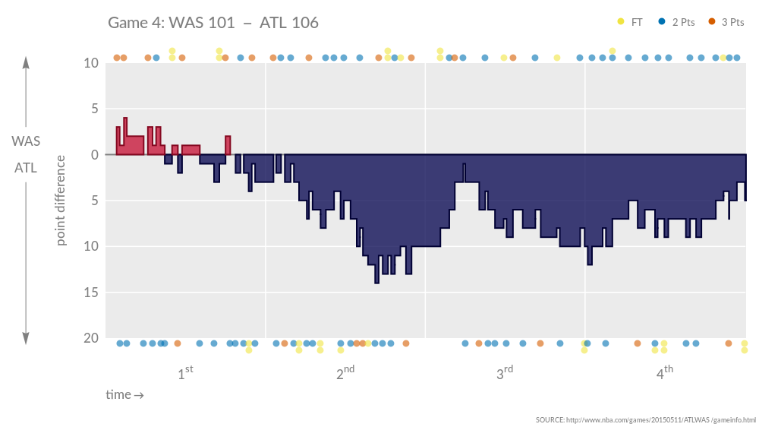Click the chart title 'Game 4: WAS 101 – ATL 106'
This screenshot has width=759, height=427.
click(213, 23)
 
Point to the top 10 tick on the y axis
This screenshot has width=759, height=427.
click(90, 63)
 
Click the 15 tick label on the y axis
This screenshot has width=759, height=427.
click(90, 293)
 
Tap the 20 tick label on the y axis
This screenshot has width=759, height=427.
click(90, 338)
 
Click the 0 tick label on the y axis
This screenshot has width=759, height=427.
click(94, 155)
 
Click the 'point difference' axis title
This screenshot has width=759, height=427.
click(61, 201)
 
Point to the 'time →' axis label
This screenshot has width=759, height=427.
click(124, 395)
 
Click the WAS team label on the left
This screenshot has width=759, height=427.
click(26, 141)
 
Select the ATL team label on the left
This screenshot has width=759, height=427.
click(26, 168)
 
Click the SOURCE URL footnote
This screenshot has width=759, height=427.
click(645, 419)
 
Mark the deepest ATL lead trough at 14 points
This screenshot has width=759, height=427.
click(376, 281)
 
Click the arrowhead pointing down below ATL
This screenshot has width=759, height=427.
click(26, 339)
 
